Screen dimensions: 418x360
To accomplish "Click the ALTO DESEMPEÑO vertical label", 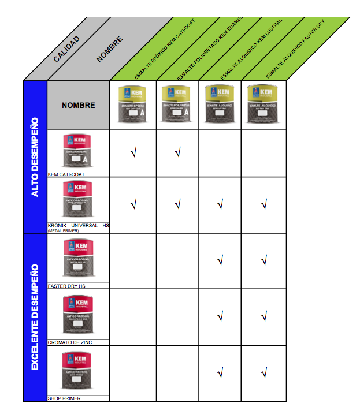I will point(35,157).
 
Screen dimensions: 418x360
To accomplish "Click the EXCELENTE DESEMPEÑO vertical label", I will point(35,317).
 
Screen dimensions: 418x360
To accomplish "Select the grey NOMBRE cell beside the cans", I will point(79,106).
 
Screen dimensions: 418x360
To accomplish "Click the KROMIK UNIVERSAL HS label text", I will point(78,225).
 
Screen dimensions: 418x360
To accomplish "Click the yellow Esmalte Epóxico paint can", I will point(133,104).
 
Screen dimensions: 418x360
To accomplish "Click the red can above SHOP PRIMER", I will point(78,372).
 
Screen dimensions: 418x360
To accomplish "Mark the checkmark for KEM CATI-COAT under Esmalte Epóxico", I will point(133,154).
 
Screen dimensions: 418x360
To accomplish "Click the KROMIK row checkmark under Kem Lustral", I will point(220,204).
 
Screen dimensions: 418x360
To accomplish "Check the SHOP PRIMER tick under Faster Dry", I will point(264,374).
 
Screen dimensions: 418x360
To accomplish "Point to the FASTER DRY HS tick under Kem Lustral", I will point(220,261).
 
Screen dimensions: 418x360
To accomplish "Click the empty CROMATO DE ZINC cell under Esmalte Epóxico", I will point(133,316).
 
